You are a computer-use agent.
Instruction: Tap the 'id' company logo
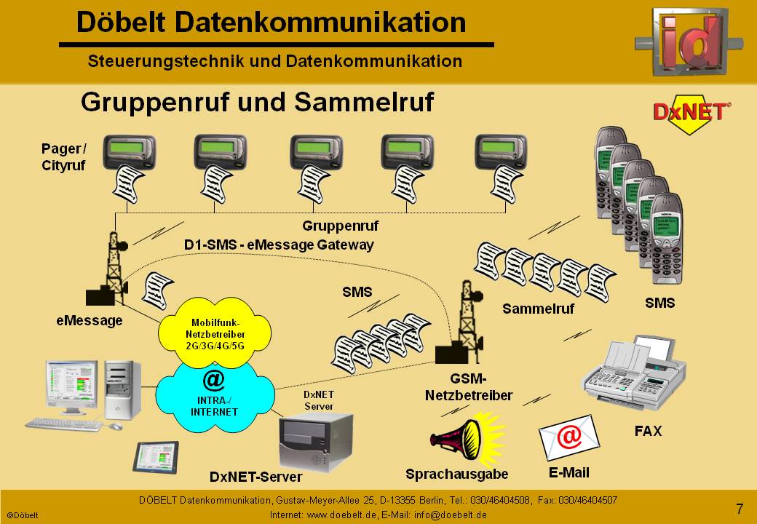(689, 42)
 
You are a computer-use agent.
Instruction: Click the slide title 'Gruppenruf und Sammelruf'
(257, 102)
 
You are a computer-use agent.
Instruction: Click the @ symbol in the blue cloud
(213, 380)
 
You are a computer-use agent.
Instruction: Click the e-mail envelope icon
(568, 437)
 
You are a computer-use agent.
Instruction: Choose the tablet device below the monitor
(154, 457)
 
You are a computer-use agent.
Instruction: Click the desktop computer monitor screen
(71, 385)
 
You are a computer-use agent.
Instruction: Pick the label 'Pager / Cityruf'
(63, 157)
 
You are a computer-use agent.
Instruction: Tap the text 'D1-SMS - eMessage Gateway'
(279, 245)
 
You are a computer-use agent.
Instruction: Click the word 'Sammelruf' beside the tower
(538, 309)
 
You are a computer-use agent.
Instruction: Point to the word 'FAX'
(648, 431)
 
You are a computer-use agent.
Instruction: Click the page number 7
(740, 509)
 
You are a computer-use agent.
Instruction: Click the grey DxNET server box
(315, 440)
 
